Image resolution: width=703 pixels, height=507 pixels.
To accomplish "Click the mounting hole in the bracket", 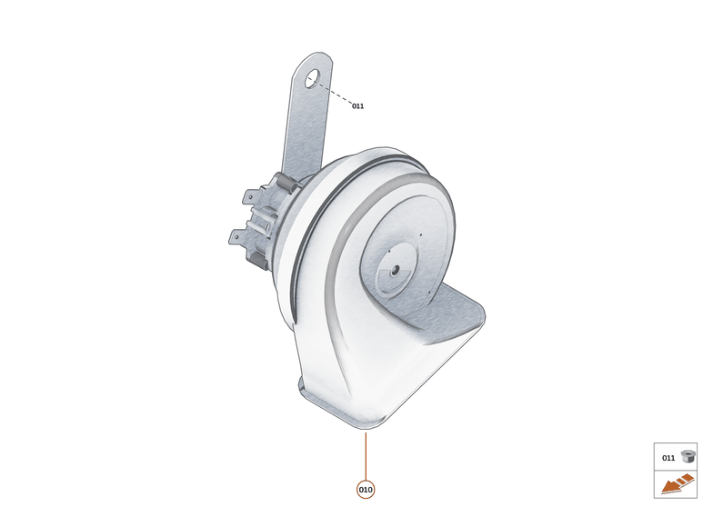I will pos(311,79).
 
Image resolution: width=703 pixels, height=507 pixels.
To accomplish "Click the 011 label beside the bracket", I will pos(357,106).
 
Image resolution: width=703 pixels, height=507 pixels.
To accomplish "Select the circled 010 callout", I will pos(365,490).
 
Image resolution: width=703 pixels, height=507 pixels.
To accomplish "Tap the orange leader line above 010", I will pos(365,455).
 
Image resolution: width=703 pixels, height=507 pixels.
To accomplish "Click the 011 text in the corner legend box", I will pos(668,458).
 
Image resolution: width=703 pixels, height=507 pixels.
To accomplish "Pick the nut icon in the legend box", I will pos(688,457).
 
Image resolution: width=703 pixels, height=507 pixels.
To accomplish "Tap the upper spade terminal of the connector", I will pos(249,195).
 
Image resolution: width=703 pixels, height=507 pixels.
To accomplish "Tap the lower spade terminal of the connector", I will pos(236,237).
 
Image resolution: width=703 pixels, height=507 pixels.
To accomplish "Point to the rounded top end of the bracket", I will pos(315,60).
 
